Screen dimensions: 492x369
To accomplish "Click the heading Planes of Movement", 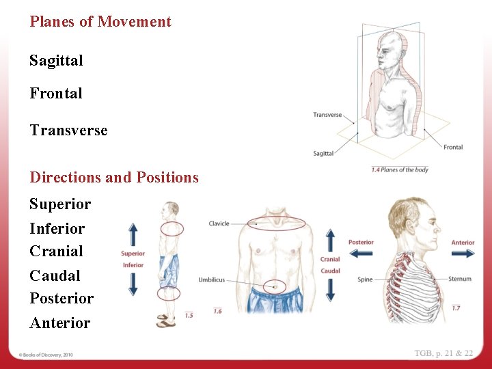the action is [100, 22].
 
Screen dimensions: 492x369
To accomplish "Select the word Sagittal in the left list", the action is [56, 61].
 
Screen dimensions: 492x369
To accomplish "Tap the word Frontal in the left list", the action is [56, 94].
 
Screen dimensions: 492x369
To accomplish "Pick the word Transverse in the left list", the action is [68, 131].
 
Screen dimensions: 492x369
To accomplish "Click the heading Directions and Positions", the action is [114, 178].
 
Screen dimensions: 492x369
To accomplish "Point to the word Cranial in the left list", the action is [56, 251].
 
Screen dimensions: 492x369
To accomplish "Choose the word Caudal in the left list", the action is [55, 276].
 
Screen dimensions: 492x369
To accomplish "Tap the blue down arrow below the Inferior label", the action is [133, 283].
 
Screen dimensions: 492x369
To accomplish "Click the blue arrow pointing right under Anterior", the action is [463, 253].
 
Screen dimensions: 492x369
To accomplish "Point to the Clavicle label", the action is [219, 223].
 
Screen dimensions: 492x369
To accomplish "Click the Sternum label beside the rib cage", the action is [460, 279].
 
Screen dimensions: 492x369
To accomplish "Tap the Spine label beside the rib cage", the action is [365, 279].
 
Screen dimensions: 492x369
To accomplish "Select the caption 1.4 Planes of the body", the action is [400, 169].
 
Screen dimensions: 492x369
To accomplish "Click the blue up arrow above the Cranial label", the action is [331, 241].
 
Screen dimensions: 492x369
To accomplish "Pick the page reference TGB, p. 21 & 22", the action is [443, 353].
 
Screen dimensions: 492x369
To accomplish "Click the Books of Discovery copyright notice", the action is [46, 355].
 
